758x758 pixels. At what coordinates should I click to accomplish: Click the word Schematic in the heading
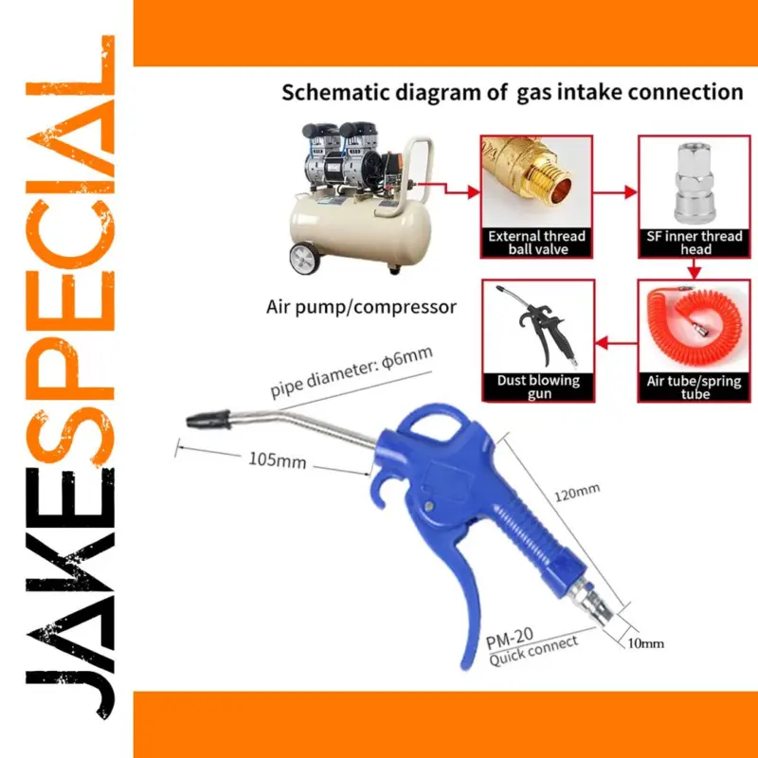[x=335, y=92]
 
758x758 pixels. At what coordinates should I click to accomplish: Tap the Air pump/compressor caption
[x=361, y=307]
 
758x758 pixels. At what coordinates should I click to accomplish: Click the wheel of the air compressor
[x=305, y=259]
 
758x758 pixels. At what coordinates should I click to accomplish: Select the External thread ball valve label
[x=537, y=243]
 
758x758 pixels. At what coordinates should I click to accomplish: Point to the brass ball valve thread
[x=548, y=181]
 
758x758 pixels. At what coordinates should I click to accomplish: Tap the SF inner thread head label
[x=695, y=243]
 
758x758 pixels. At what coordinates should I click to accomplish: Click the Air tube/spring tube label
[x=695, y=388]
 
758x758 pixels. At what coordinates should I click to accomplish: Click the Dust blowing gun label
[x=538, y=387]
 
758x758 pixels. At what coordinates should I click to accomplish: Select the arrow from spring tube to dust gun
[x=617, y=343]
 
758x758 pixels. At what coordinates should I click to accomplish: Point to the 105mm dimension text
[x=277, y=460]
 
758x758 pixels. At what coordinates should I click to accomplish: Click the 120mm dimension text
[x=577, y=493]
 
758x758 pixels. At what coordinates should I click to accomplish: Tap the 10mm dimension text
[x=645, y=643]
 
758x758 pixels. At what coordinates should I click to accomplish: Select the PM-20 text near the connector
[x=510, y=638]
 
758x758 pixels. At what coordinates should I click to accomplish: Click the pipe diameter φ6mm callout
[x=351, y=371]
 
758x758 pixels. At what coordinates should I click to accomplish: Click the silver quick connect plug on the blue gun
[x=590, y=602]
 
